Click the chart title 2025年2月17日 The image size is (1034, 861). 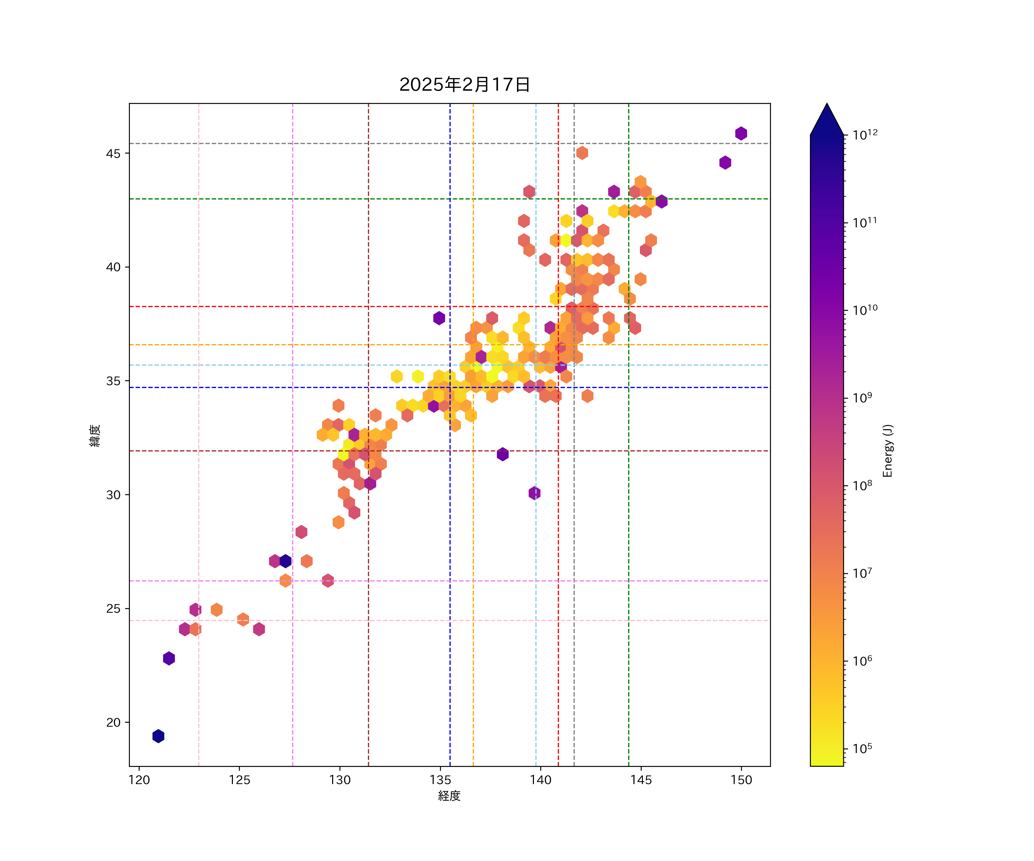click(x=464, y=85)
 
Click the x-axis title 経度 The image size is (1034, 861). click(x=449, y=796)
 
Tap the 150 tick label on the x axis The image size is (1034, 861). click(x=741, y=780)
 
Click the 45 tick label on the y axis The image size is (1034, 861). click(x=113, y=154)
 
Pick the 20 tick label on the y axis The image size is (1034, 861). click(x=113, y=722)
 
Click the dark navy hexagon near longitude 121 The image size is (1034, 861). click(x=158, y=736)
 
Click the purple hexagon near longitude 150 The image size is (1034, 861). click(x=741, y=133)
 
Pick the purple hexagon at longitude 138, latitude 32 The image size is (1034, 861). click(x=502, y=454)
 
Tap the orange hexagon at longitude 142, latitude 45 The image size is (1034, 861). click(x=582, y=153)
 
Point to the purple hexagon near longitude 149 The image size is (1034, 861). click(x=725, y=162)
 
